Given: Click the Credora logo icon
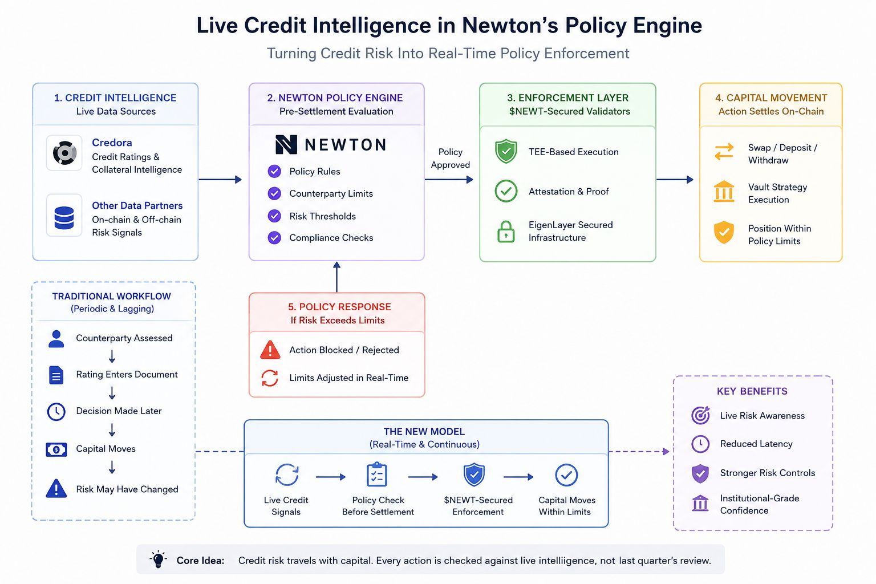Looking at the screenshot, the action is point(64,152).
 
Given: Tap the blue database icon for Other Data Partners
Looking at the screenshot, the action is point(64,217).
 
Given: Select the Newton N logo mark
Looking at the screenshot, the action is point(286,144).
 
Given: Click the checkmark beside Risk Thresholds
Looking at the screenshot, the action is point(274,216).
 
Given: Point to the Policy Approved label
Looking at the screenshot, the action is point(450,158).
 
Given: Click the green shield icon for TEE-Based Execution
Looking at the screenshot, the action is point(506,151).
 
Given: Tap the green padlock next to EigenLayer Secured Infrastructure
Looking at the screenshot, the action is point(506,232).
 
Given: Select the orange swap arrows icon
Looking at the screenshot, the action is point(724,152).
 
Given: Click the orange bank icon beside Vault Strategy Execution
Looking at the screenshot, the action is point(724,191).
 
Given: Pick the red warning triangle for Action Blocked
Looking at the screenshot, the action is point(270,350).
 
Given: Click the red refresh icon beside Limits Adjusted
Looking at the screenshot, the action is point(270,378).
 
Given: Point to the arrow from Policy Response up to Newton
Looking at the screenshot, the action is point(336,277).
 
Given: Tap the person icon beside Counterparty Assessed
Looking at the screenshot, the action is point(56,339).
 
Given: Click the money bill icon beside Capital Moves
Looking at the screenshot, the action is point(56,449).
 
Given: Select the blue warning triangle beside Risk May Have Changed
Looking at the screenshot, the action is point(56,488).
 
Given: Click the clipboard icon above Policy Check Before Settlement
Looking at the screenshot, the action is point(376,474).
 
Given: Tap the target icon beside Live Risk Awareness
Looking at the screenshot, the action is point(700,415).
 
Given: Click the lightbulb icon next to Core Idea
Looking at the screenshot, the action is point(159,559).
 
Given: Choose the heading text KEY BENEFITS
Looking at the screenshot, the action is point(752,391).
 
